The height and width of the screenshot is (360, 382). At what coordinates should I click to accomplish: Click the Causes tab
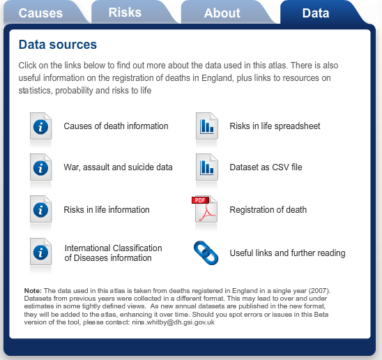tap(40, 13)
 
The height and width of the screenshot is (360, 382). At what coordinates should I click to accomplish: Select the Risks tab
tap(125, 12)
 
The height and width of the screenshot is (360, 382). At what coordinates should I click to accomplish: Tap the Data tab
tap(316, 13)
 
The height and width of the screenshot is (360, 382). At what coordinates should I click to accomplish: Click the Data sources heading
tap(58, 45)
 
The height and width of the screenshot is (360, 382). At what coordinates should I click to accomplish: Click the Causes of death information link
tap(116, 126)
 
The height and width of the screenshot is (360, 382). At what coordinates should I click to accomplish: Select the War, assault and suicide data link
tap(118, 167)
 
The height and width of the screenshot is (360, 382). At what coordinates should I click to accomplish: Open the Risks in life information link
tap(106, 209)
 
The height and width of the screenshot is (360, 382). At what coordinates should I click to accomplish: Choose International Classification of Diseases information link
tap(113, 253)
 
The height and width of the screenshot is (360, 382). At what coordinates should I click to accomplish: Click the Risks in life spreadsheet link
tap(275, 126)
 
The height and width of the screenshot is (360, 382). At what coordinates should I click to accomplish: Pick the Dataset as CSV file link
tap(266, 167)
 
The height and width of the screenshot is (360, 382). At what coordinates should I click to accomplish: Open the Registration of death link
tap(268, 209)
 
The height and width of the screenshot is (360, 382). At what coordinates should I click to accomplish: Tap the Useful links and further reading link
tap(287, 253)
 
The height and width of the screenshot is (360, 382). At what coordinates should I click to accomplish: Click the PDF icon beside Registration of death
tap(206, 209)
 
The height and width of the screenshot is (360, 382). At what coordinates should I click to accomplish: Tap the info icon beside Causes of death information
tap(41, 126)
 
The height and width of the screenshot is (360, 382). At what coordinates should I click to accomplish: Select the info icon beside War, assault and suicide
tap(41, 167)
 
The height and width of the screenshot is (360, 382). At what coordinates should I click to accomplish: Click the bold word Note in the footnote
tap(32, 290)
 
